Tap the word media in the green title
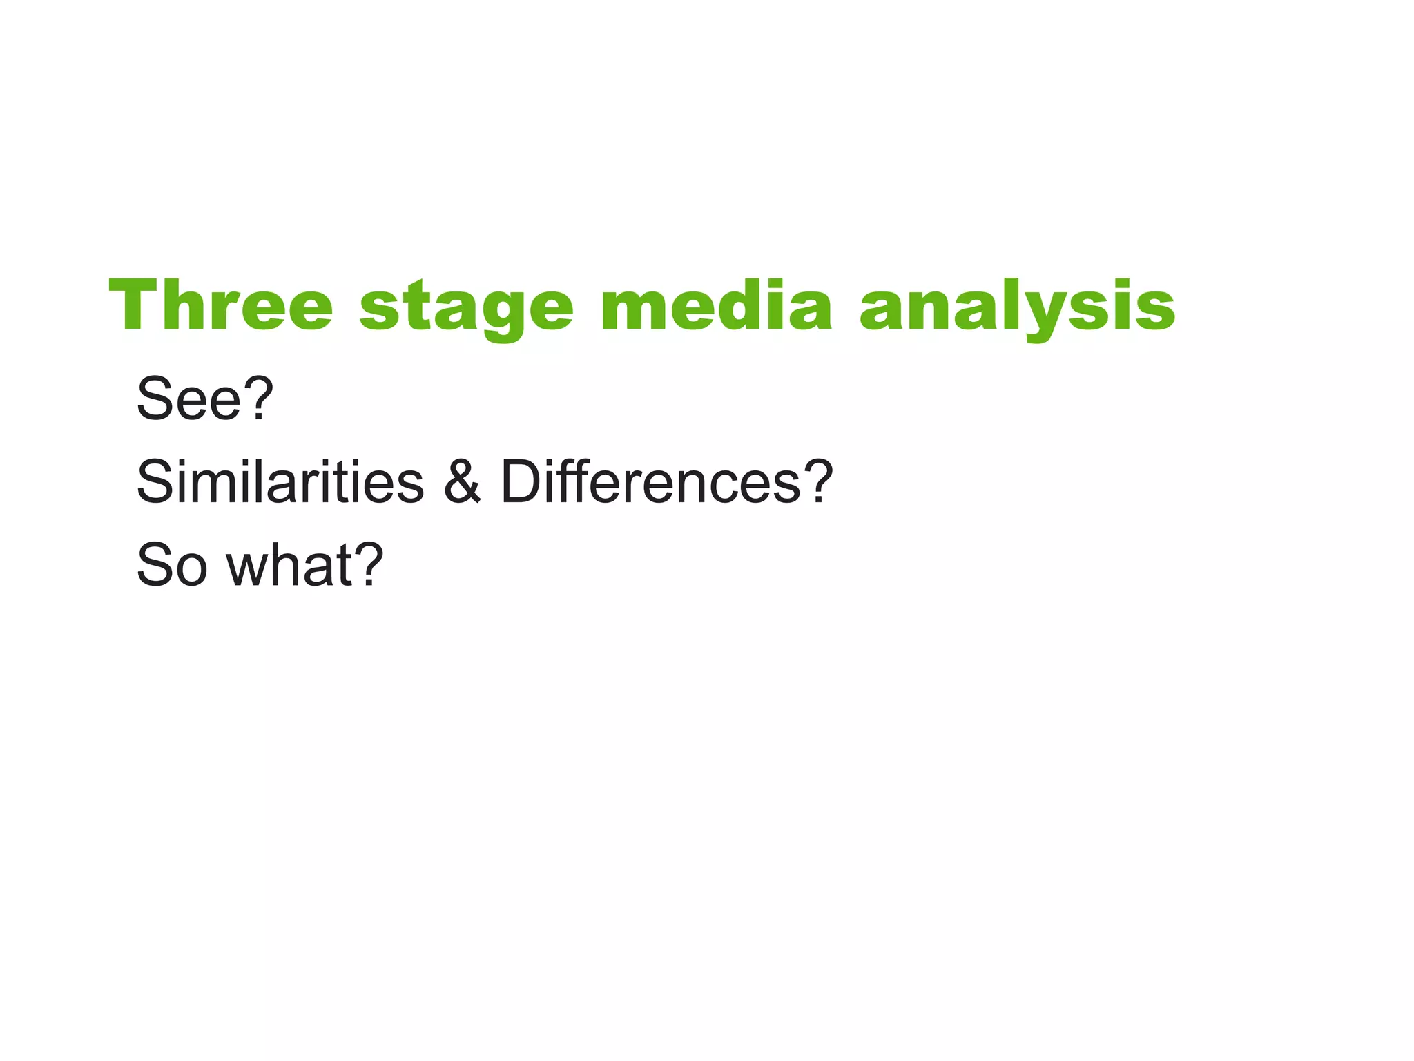point(716,306)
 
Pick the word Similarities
point(280,481)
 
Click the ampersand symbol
point(462,481)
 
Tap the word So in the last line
point(172,565)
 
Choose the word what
point(290,565)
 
